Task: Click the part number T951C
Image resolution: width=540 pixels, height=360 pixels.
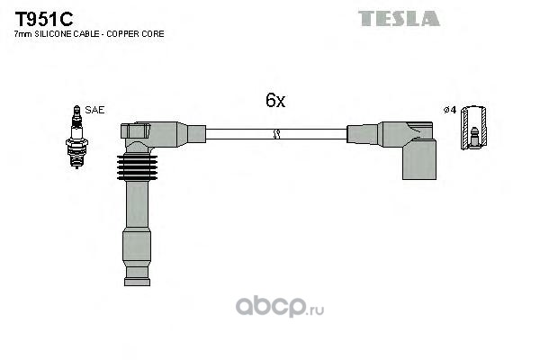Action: point(44,19)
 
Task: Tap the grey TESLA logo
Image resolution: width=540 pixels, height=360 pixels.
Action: point(399,19)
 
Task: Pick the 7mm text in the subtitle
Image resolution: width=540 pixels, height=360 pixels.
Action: point(22,34)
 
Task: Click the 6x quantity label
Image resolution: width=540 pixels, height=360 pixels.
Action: point(275,100)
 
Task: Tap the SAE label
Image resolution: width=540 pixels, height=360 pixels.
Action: point(94,110)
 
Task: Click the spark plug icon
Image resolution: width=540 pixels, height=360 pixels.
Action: point(76,137)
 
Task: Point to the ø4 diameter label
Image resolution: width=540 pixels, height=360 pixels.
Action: point(450,110)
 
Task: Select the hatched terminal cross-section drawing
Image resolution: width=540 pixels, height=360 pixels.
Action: point(473,128)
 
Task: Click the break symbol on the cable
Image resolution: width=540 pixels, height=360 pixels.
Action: point(276,134)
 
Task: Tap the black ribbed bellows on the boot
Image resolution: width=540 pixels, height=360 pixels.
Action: point(137,167)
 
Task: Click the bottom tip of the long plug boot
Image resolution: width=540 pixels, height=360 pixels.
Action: point(137,285)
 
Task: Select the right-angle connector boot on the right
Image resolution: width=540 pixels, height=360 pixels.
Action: point(409,150)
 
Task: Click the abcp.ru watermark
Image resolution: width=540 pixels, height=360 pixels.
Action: point(280,307)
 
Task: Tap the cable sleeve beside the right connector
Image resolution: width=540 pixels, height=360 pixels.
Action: point(363,134)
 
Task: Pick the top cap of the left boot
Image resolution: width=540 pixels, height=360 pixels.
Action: point(135,131)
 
